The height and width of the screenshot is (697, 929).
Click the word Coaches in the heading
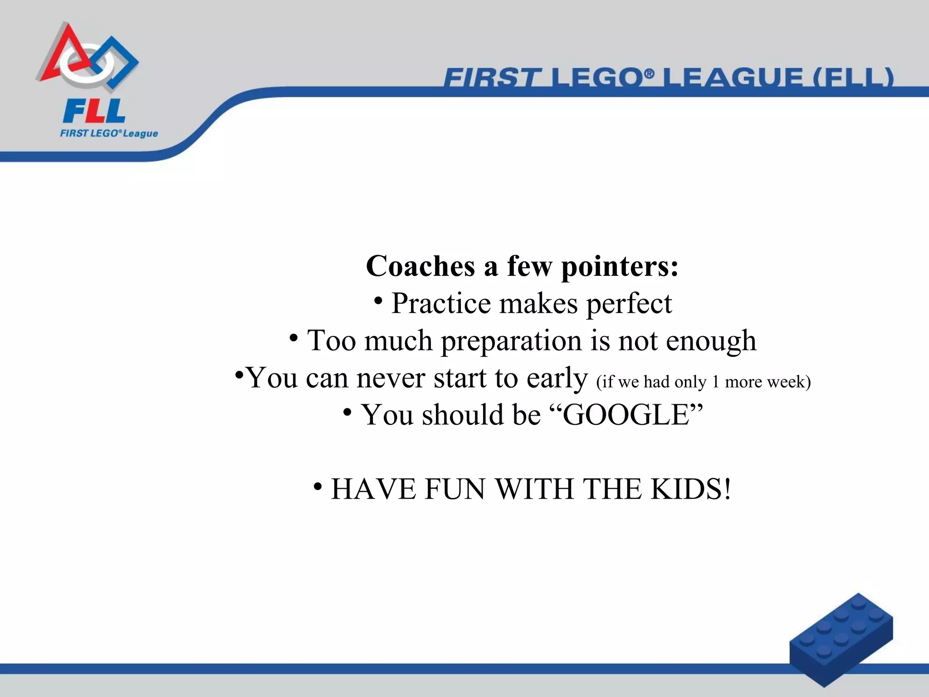(x=420, y=266)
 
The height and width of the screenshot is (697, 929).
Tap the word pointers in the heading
(x=620, y=267)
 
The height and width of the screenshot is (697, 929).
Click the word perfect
(x=629, y=304)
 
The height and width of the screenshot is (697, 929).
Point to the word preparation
(x=511, y=341)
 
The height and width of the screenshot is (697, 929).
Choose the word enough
(x=711, y=341)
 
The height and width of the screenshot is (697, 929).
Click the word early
(x=557, y=378)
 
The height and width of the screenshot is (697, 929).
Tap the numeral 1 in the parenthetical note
(x=715, y=382)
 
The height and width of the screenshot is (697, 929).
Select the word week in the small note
(x=788, y=382)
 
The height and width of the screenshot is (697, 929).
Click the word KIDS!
(x=690, y=489)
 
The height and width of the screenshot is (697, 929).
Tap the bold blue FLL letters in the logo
(x=94, y=112)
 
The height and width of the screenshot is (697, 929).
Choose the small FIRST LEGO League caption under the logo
(x=109, y=133)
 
